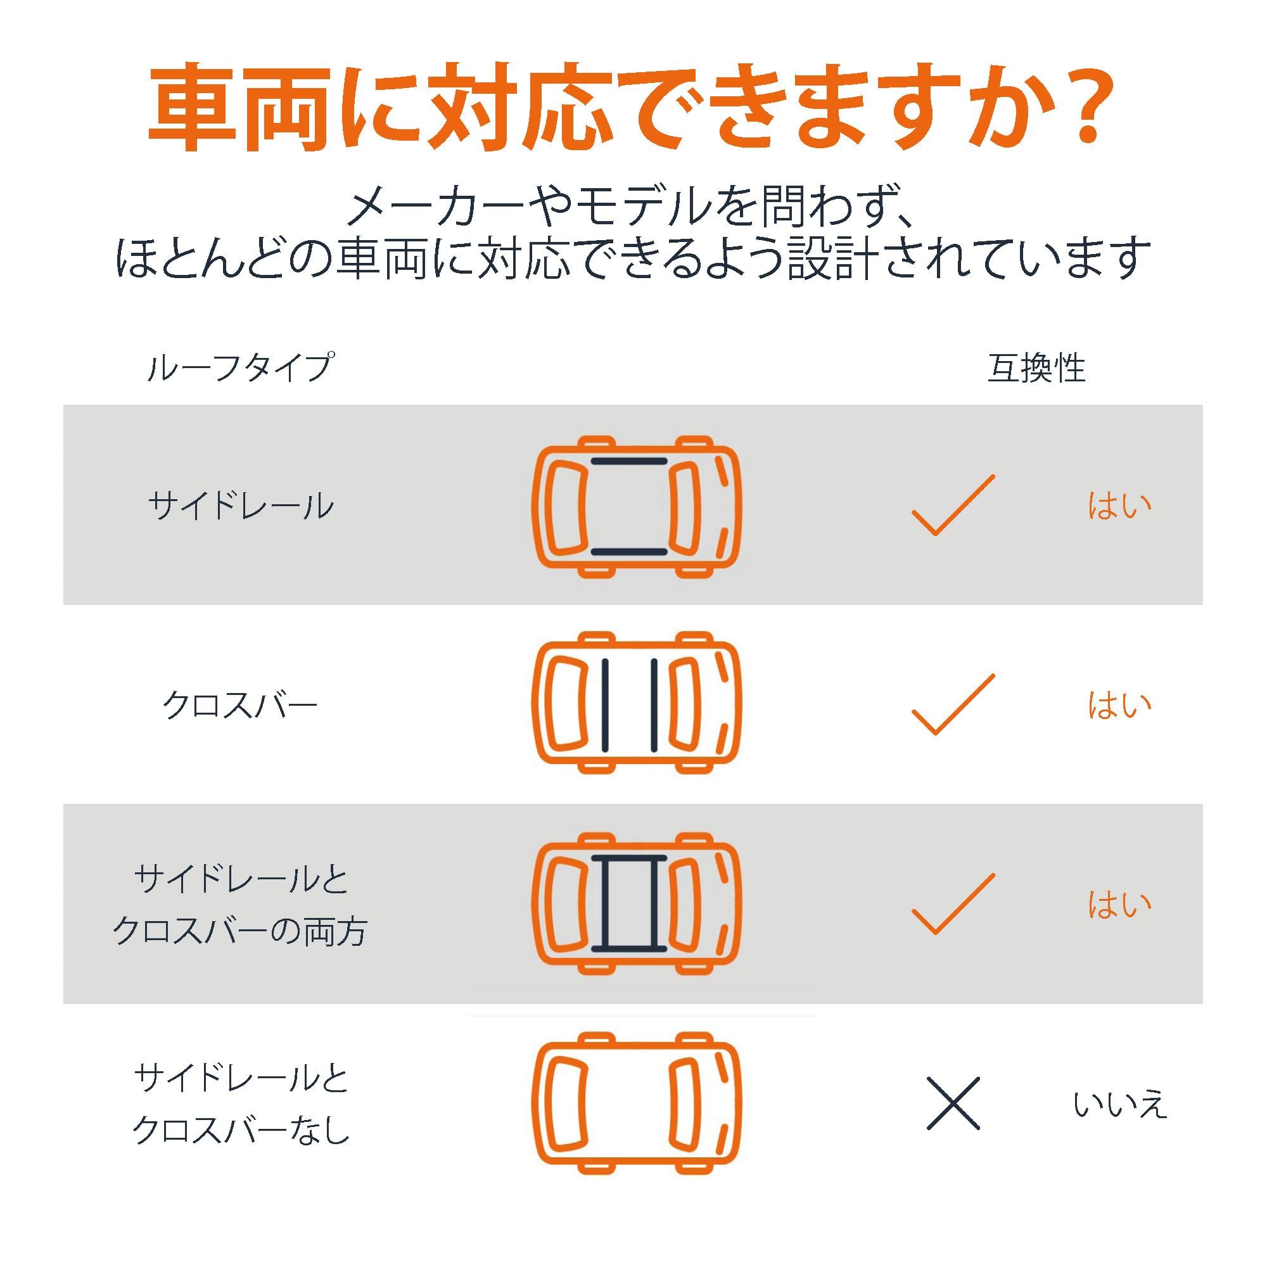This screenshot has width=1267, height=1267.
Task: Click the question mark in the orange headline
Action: pos(1081,105)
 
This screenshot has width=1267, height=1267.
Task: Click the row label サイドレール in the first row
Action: pos(241,506)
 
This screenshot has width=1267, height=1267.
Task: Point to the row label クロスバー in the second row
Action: pos(240,706)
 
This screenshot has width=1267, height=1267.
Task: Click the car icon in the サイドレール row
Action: pos(636,506)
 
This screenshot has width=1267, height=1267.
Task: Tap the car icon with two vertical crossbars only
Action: pos(636,703)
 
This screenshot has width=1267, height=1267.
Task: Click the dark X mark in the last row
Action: pos(953,1104)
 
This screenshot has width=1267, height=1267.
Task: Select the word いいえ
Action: pos(1120,1104)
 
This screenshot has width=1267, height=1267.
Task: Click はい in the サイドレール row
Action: pos(1119,506)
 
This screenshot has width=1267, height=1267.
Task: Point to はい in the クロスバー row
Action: pos(1119,706)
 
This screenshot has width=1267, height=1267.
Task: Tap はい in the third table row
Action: pos(1119,905)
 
